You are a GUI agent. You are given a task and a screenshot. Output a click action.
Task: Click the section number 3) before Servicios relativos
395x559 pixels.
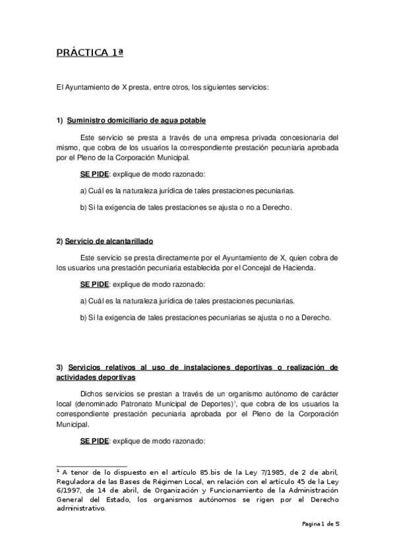tap(59, 367)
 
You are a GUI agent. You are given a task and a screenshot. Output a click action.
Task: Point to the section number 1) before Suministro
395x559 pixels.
tap(59, 120)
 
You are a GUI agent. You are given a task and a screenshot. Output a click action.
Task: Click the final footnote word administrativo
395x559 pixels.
tap(81, 509)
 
